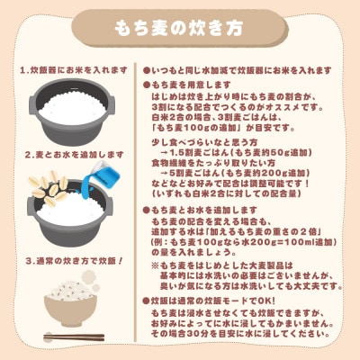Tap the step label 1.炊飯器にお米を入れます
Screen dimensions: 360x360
click(75, 69)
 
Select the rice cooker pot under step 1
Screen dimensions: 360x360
click(75, 112)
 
